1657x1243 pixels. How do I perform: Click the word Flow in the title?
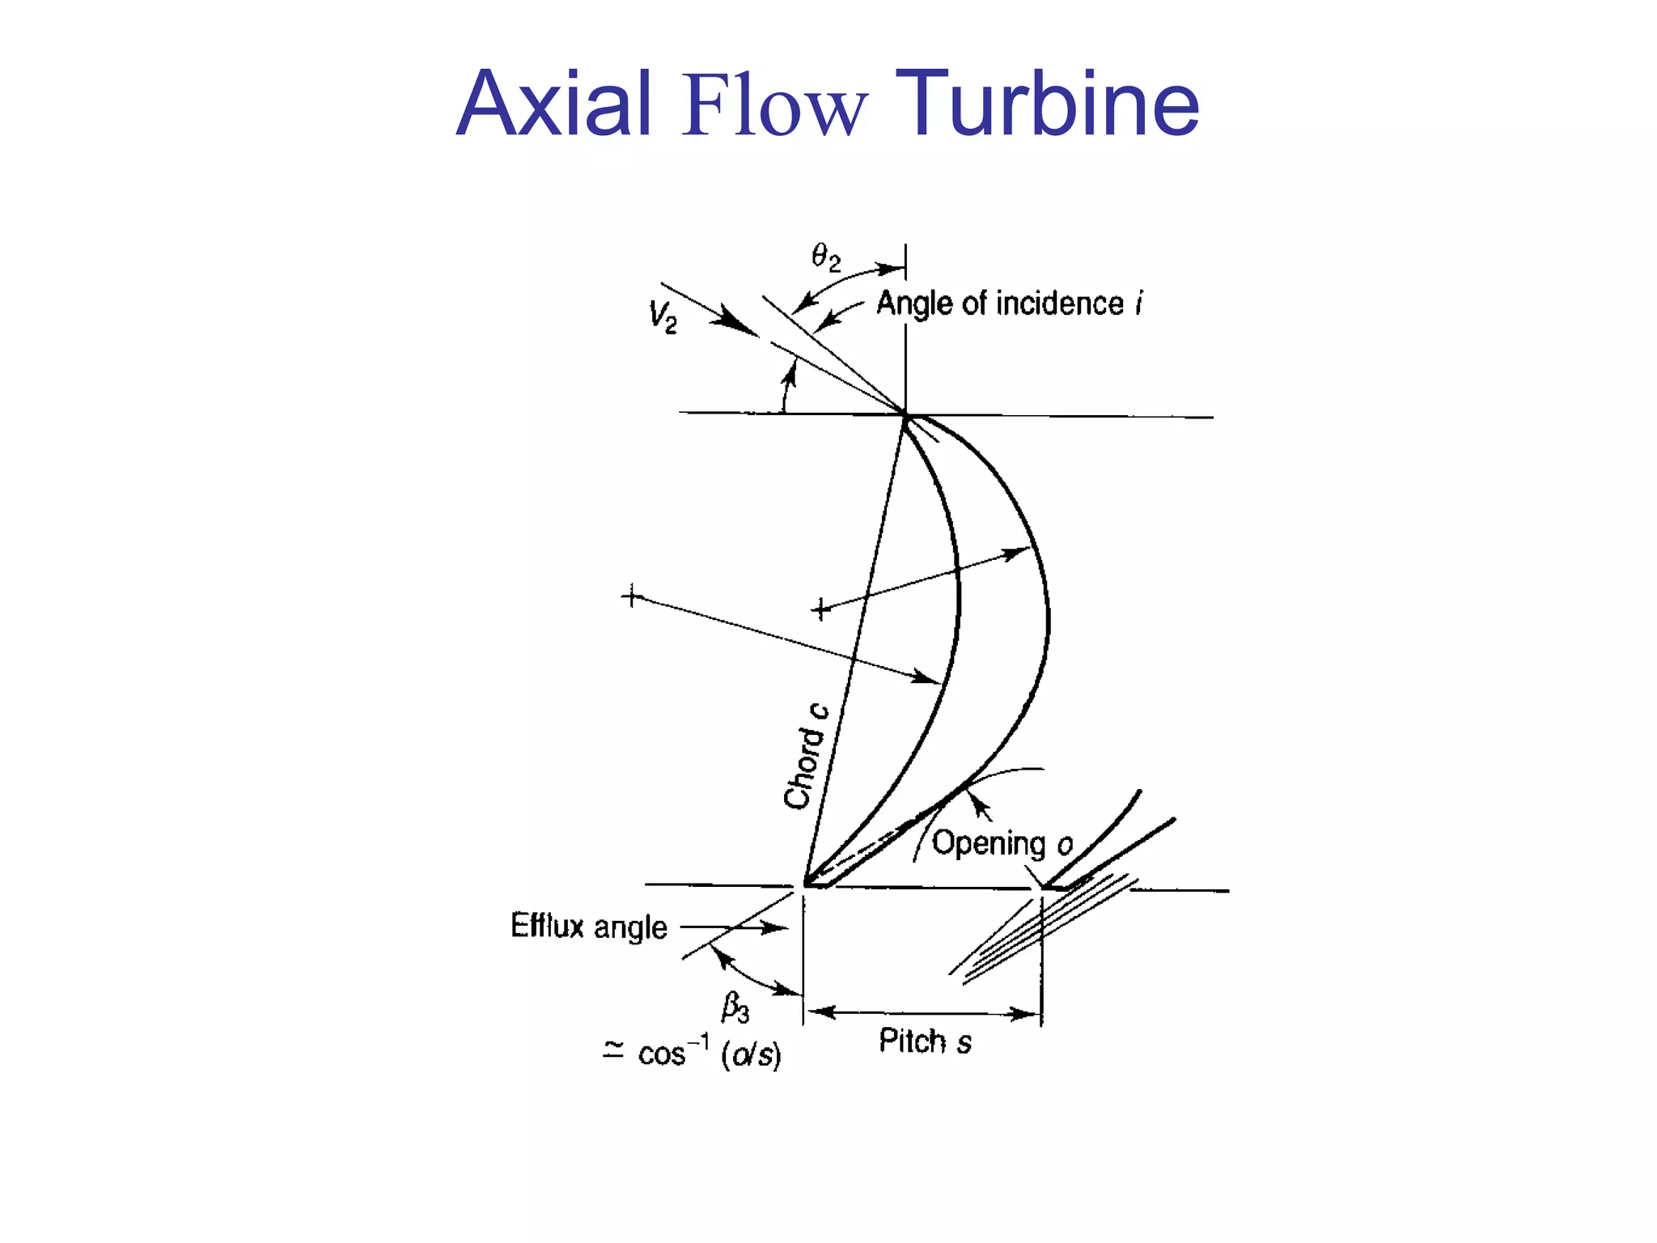[x=774, y=105]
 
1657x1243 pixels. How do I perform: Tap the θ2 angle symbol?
[x=826, y=258]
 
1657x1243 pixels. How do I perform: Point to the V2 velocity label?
[x=663, y=316]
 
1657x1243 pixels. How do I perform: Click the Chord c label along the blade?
[x=806, y=756]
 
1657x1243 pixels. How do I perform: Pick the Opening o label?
[x=1002, y=843]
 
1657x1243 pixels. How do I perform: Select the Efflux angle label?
[x=589, y=926]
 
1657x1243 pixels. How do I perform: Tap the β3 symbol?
[x=735, y=1008]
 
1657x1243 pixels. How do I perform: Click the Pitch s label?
[x=925, y=1041]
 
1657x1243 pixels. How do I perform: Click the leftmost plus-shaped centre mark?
[x=632, y=597]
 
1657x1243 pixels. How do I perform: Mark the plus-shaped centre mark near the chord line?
[x=820, y=609]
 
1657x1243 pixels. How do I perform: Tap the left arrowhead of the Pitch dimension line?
[x=820, y=1012]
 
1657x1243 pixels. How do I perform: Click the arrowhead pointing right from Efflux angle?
[x=775, y=927]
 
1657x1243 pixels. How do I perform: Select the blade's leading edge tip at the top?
[x=905, y=415]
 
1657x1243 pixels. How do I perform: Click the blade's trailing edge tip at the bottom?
[x=806, y=884]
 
